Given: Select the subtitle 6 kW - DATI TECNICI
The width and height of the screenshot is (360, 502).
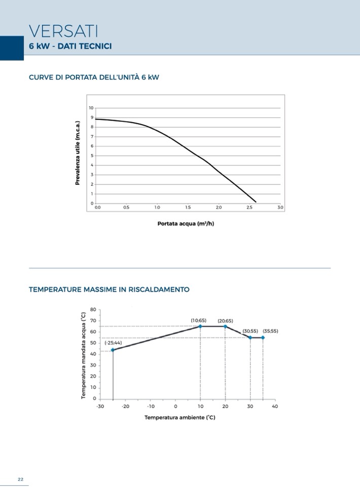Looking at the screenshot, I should (x=70, y=46).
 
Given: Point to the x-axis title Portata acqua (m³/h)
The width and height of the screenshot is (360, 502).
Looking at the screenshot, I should (x=186, y=223).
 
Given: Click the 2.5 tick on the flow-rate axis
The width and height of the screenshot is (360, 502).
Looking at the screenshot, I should (x=249, y=208).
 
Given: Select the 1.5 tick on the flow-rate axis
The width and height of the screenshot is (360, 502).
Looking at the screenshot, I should (x=188, y=208).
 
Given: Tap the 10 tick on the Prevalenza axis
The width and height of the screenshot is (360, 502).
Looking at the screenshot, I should (x=91, y=108).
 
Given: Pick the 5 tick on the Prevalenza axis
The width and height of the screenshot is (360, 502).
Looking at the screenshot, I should (x=92, y=156).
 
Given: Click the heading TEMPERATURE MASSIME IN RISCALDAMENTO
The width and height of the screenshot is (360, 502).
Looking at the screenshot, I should (x=109, y=290).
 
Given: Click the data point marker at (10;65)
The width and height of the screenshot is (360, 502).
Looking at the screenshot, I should (x=200, y=326).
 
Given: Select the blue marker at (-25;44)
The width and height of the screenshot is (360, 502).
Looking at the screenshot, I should (x=113, y=350).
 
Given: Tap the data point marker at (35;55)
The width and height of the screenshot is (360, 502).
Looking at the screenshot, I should (x=263, y=337).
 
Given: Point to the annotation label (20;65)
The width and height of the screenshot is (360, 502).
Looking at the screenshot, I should (x=225, y=321).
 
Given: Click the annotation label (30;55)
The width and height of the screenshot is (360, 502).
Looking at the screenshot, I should (x=250, y=331).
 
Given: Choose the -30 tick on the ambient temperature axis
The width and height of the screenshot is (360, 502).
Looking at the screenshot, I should (x=100, y=406).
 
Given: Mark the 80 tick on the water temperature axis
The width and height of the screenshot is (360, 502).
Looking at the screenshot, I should (x=93, y=310).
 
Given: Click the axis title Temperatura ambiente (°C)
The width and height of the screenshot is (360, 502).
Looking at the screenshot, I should (x=180, y=417).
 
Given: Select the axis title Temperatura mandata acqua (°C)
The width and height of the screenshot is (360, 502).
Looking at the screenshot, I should (x=84, y=356).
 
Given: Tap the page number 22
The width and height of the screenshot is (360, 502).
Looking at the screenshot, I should (x=21, y=480).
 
